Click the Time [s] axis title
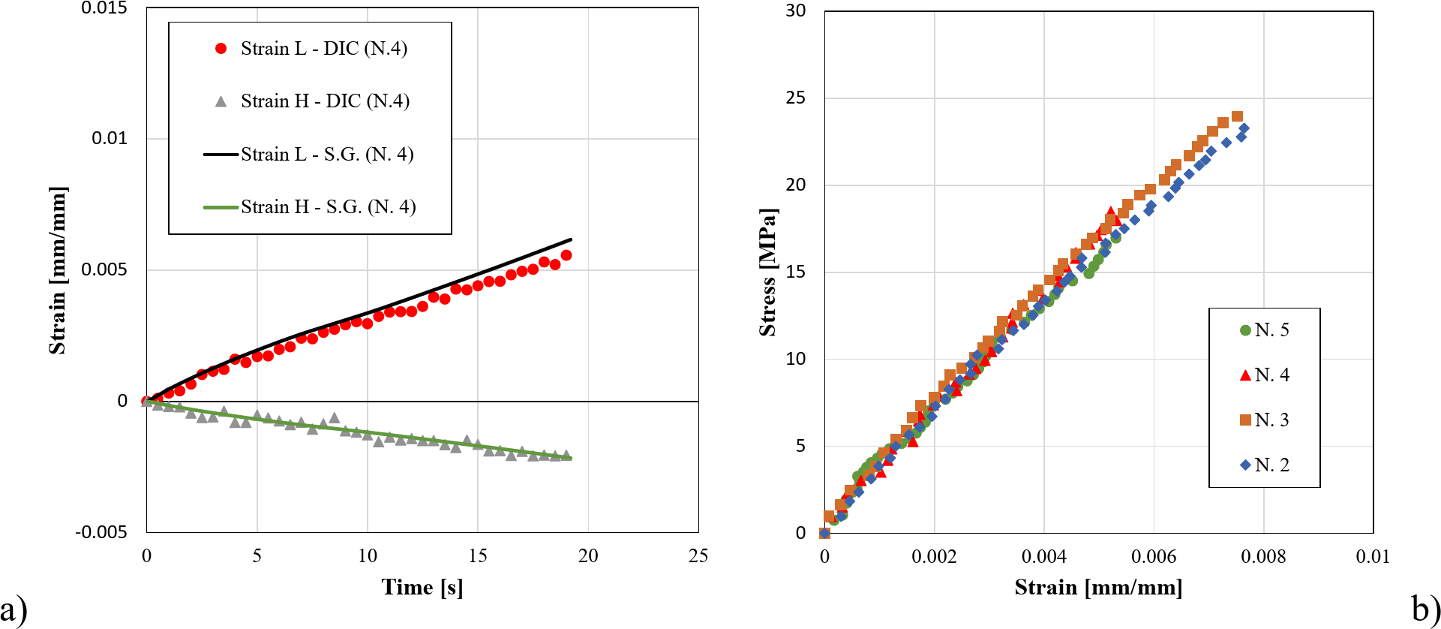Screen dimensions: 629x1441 [x=422, y=587]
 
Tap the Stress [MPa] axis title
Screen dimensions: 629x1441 [x=767, y=272]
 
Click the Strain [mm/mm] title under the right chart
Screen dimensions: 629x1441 [x=1098, y=587]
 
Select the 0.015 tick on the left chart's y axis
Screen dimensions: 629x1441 [x=104, y=8]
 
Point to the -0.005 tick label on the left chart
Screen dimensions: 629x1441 [x=101, y=532]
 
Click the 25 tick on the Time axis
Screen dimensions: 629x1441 [x=698, y=556]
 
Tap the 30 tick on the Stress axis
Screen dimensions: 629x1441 [x=795, y=11]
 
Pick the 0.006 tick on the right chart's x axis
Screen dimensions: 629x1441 [x=1154, y=557]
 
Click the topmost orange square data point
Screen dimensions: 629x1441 [x=1237, y=116]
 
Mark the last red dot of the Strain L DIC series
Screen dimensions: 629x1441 [x=566, y=255]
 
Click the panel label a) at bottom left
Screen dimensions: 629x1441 [x=14, y=609]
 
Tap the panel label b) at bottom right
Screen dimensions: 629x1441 [x=1424, y=609]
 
